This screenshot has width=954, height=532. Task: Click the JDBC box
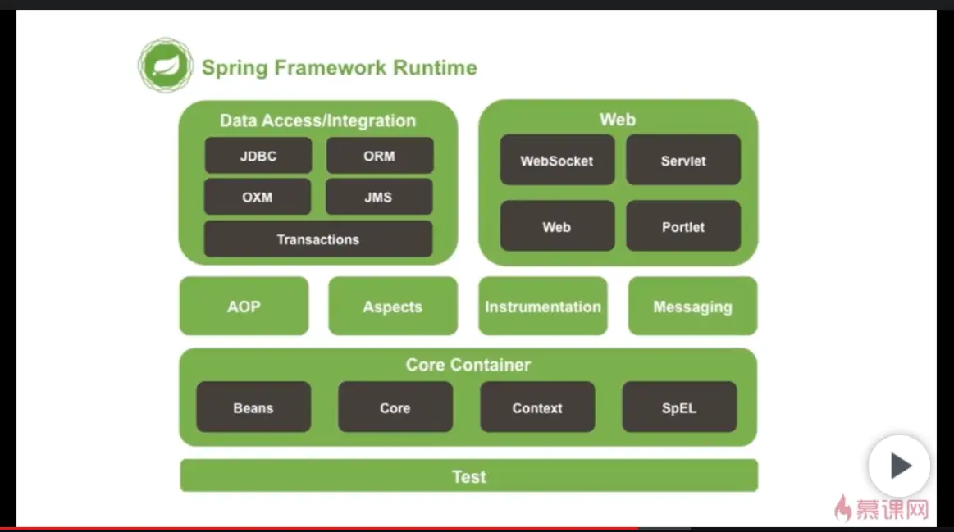click(258, 156)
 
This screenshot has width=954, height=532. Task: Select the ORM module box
click(380, 156)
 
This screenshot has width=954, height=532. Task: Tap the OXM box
click(258, 198)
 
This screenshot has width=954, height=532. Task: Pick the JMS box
click(379, 198)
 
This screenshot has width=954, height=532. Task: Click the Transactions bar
click(318, 239)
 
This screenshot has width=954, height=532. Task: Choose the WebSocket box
click(557, 161)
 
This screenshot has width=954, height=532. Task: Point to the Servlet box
click(683, 161)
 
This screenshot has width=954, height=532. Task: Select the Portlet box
click(683, 226)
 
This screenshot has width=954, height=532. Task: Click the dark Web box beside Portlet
click(557, 226)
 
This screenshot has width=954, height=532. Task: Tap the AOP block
click(244, 307)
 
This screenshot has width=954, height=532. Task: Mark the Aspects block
click(393, 307)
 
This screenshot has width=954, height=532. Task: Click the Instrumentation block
click(543, 307)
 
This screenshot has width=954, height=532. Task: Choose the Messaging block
click(693, 307)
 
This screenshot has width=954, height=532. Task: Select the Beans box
click(253, 407)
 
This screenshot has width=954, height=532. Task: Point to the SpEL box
click(679, 407)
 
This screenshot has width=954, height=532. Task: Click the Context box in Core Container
click(537, 407)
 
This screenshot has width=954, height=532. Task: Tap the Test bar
click(468, 476)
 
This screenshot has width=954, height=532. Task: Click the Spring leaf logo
click(166, 66)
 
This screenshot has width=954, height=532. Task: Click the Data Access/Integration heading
click(317, 120)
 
